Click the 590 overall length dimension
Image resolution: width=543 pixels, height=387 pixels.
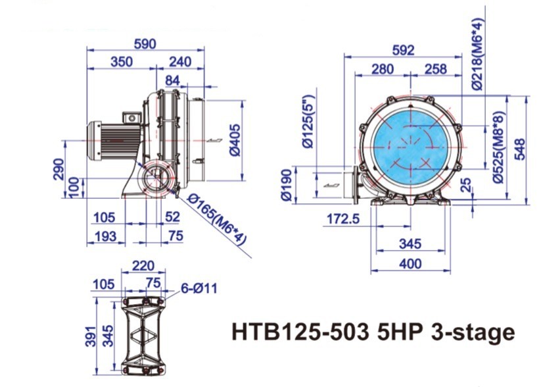[145, 43]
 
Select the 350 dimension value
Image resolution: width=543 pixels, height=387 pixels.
[121, 62]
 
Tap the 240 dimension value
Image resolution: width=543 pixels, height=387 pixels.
[179, 62]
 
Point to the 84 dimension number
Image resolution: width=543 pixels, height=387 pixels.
[172, 80]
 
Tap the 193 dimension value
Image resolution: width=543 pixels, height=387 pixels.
[105, 236]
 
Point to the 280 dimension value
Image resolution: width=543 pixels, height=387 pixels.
[382, 69]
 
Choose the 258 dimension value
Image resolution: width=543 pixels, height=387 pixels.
[435, 69]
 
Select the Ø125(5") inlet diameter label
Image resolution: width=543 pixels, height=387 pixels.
[307, 122]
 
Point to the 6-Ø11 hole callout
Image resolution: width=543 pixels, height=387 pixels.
[199, 288]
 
